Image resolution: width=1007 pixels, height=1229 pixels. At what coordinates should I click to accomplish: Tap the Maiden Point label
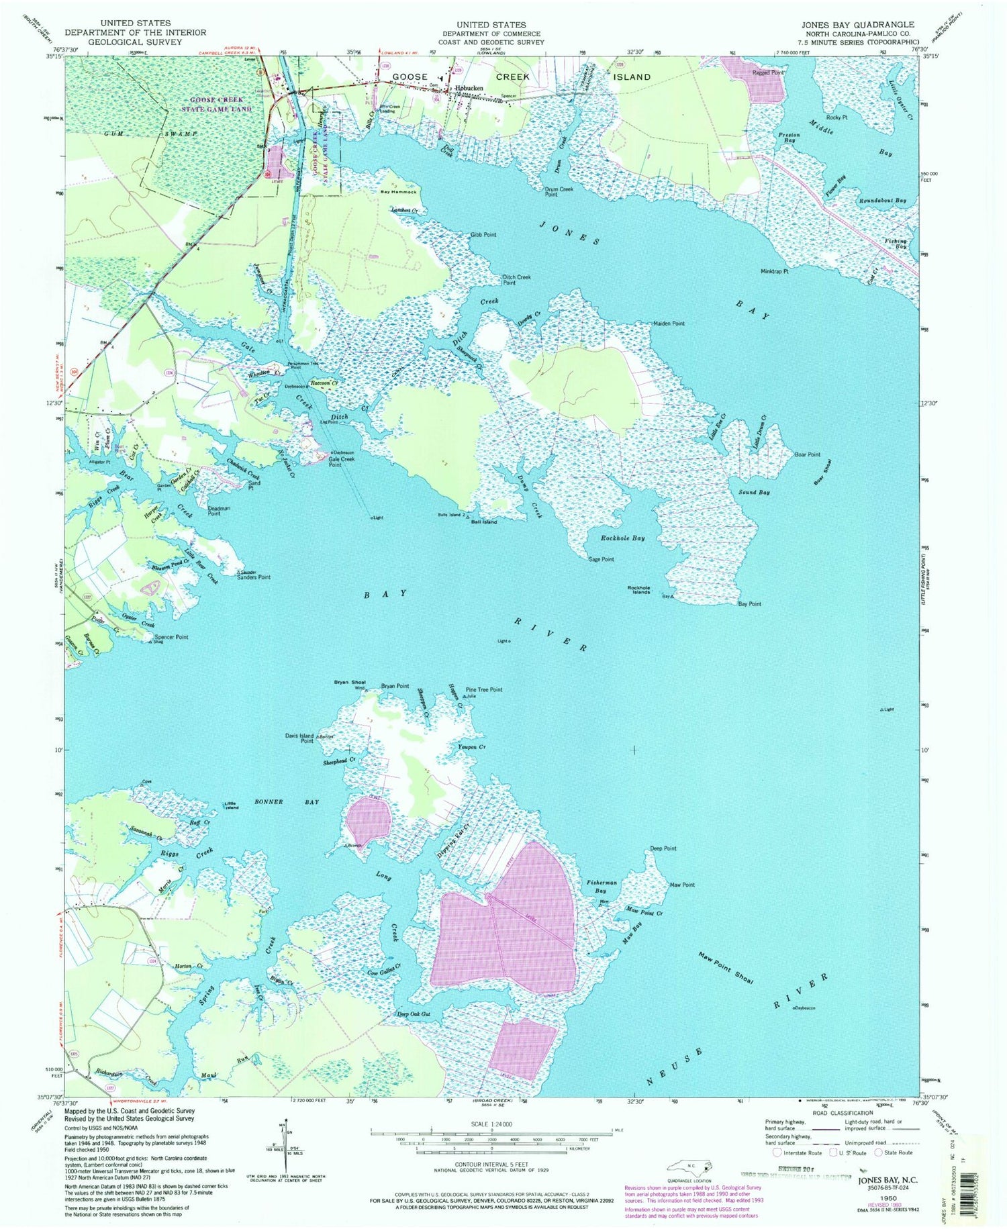pyautogui.click(x=669, y=324)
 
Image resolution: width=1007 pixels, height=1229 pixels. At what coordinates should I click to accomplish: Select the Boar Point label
pyautogui.click(x=808, y=454)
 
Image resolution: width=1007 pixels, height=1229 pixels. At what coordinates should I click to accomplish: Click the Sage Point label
pyautogui.click(x=601, y=559)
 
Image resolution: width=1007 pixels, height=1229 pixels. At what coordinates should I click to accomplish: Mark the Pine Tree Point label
pyautogui.click(x=483, y=689)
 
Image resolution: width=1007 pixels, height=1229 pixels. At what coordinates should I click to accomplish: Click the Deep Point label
pyautogui.click(x=663, y=848)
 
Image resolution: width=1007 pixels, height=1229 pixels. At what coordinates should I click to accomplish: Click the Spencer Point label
pyautogui.click(x=171, y=636)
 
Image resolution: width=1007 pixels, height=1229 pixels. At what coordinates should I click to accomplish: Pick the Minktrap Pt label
pyautogui.click(x=774, y=272)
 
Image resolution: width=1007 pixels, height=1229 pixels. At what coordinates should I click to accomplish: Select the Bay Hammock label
pyautogui.click(x=399, y=192)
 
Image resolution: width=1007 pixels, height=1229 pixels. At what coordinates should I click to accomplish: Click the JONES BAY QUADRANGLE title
pyautogui.click(x=857, y=24)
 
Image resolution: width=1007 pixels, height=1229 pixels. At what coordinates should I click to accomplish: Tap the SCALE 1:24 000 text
pyautogui.click(x=491, y=1124)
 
